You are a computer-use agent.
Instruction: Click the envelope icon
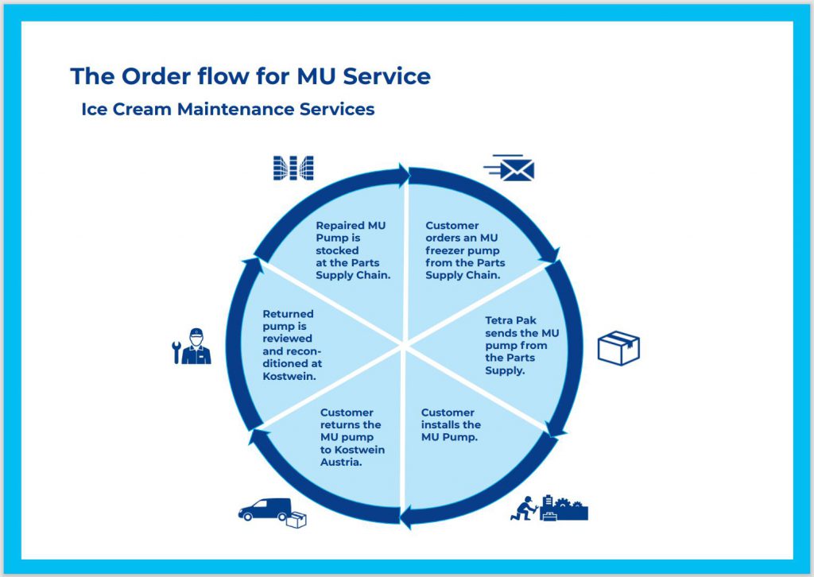[510, 168]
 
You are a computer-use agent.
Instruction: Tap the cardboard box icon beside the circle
[618, 347]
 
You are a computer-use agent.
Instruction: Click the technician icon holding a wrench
[196, 346]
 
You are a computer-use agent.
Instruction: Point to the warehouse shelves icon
[293, 168]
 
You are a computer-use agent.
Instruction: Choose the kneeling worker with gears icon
[549, 508]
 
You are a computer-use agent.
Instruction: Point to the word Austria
[340, 462]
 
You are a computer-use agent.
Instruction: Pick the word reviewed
[287, 339]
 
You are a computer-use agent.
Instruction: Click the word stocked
[337, 250]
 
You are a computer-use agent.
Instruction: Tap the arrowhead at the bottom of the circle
[406, 517]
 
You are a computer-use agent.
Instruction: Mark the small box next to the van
[296, 520]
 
